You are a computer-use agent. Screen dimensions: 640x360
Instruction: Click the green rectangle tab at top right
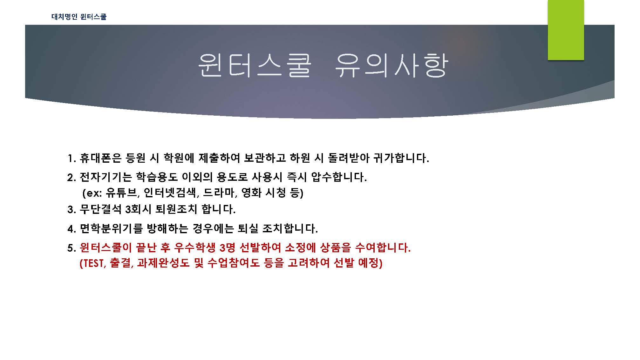click(x=566, y=30)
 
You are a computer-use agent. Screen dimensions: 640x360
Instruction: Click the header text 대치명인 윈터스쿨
click(x=79, y=17)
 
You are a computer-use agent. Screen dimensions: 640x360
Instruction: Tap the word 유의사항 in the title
click(x=391, y=65)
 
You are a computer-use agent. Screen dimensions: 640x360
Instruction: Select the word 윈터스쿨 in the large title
click(x=254, y=65)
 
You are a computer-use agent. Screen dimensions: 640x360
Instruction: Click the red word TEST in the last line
click(x=93, y=263)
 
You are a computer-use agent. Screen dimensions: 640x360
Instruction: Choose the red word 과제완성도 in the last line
click(x=163, y=263)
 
